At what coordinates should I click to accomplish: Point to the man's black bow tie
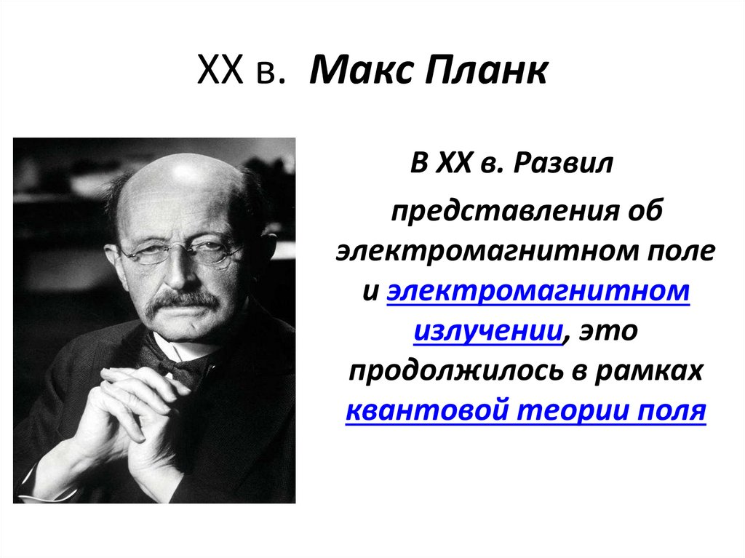pyautogui.click(x=178, y=364)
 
